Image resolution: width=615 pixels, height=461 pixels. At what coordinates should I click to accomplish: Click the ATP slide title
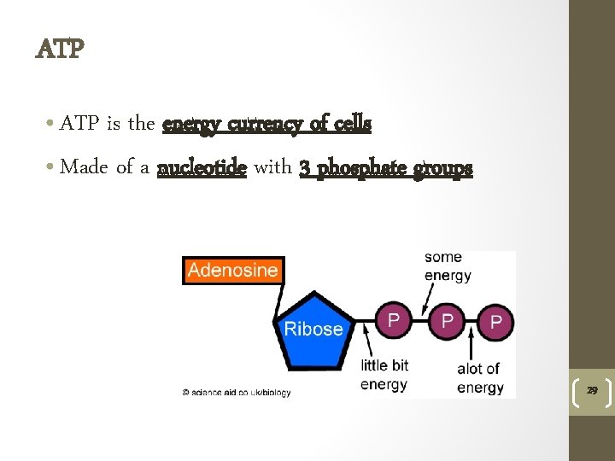click(x=60, y=50)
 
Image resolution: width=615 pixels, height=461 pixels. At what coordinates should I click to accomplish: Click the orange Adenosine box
click(x=232, y=271)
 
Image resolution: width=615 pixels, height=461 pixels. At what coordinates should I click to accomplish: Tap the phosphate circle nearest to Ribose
click(x=394, y=320)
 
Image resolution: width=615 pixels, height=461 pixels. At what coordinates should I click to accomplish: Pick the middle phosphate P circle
click(x=446, y=320)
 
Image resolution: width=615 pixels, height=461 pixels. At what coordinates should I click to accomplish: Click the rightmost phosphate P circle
click(x=495, y=322)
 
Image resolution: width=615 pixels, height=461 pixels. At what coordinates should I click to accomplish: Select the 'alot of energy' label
click(x=479, y=378)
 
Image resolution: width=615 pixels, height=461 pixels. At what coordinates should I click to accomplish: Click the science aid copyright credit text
click(x=236, y=393)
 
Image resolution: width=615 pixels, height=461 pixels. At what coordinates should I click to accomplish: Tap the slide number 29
click(x=590, y=390)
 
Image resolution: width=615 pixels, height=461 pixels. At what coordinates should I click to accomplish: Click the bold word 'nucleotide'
click(x=202, y=167)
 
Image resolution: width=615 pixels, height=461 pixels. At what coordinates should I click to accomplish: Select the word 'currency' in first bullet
click(x=269, y=124)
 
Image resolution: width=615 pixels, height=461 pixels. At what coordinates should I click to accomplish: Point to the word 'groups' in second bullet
click(x=442, y=168)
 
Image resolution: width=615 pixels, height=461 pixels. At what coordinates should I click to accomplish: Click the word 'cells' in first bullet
click(x=352, y=124)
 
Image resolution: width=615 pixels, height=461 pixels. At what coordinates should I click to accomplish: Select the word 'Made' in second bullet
click(x=84, y=167)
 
